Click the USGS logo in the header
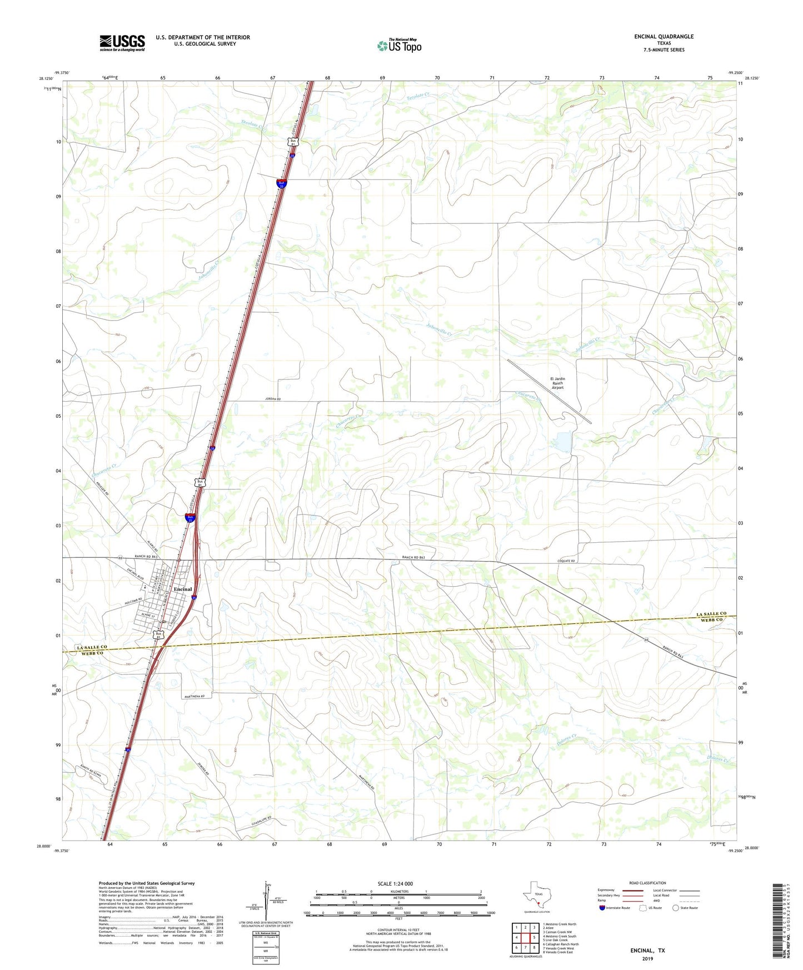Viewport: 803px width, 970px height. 122,43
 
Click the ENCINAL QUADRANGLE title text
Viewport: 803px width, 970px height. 664,37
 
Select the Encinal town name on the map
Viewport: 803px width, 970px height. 183,589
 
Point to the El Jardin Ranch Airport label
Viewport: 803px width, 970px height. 557,383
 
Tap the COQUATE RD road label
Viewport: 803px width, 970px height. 566,561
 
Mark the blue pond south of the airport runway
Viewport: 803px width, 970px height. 563,442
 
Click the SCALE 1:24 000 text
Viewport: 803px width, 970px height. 395,883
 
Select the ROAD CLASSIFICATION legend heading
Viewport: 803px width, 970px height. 647,883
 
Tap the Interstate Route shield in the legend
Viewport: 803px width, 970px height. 602,908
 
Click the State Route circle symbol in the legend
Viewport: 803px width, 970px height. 675,908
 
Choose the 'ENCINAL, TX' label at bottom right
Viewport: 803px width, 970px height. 647,951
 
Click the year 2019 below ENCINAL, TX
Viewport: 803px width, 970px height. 647,959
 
